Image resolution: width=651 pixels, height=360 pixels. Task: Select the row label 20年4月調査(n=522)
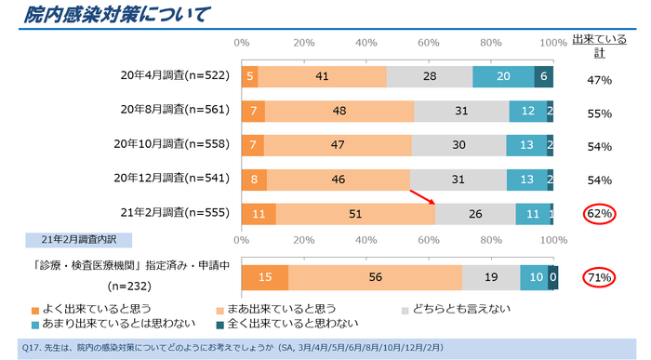point(177,77)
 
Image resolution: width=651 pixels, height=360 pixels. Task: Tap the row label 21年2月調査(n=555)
point(177,214)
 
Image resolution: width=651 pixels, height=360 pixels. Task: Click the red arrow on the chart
point(422,198)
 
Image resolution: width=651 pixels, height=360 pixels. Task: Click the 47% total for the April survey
point(599,81)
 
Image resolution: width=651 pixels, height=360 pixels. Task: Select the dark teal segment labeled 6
point(544,77)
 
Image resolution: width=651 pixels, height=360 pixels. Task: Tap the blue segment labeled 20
point(503,77)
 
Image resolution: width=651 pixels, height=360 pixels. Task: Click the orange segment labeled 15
point(264,277)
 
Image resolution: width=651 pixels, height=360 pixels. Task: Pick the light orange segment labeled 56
point(375,277)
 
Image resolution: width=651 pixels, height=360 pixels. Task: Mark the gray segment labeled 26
point(475,214)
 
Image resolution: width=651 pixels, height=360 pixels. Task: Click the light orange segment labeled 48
point(339,112)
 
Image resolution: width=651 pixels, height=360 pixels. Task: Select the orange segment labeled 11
point(258,214)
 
